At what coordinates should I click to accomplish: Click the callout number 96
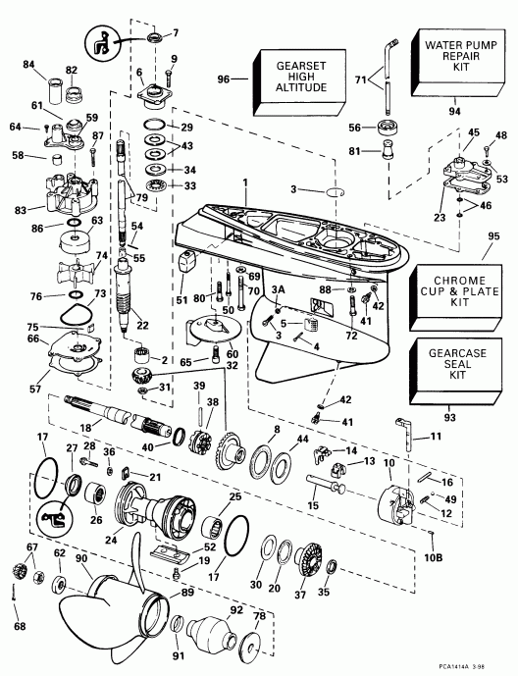point(225,78)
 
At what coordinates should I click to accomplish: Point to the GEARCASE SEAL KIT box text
point(459,367)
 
